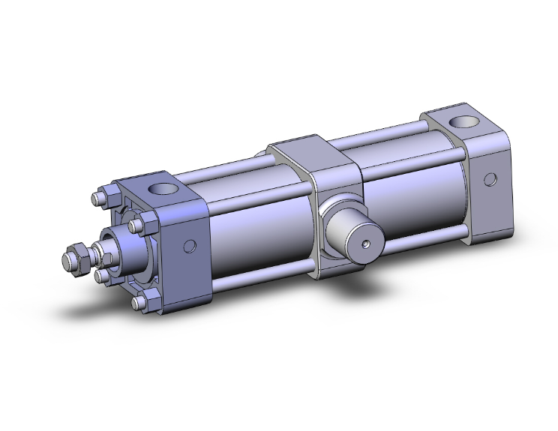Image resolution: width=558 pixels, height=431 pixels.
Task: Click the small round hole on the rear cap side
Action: pos(490,179)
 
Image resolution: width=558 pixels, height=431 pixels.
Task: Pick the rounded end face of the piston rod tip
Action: pos(65,262)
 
